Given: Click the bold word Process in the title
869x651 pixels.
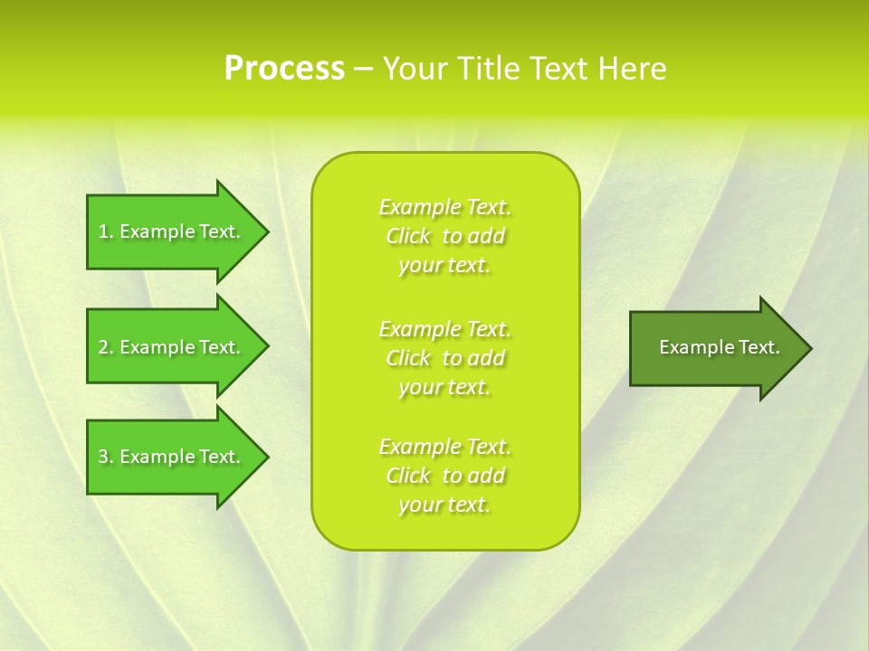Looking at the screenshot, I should coord(284,69).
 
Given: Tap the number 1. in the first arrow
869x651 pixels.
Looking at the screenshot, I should coord(106,232).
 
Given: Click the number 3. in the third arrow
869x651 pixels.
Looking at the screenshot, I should coord(106,458).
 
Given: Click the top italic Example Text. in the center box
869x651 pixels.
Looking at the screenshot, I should coord(444,207).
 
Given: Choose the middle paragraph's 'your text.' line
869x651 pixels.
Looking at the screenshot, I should coord(444,387).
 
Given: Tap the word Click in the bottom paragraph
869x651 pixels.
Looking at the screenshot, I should coord(408,476).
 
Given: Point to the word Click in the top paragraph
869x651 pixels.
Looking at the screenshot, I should coord(408,236).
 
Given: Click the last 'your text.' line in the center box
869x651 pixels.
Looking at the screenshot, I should coord(444,505).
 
